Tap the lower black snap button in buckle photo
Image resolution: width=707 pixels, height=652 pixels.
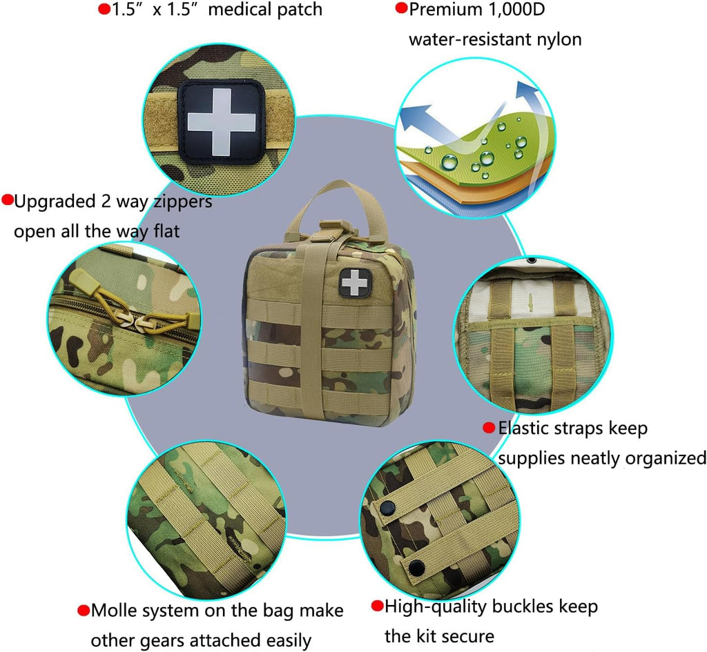tap(416, 568)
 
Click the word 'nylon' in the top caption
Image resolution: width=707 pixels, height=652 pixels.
tap(558, 39)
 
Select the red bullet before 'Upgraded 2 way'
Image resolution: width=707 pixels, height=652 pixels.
tap(8, 201)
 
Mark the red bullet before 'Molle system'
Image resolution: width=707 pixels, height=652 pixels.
tap(84, 611)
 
